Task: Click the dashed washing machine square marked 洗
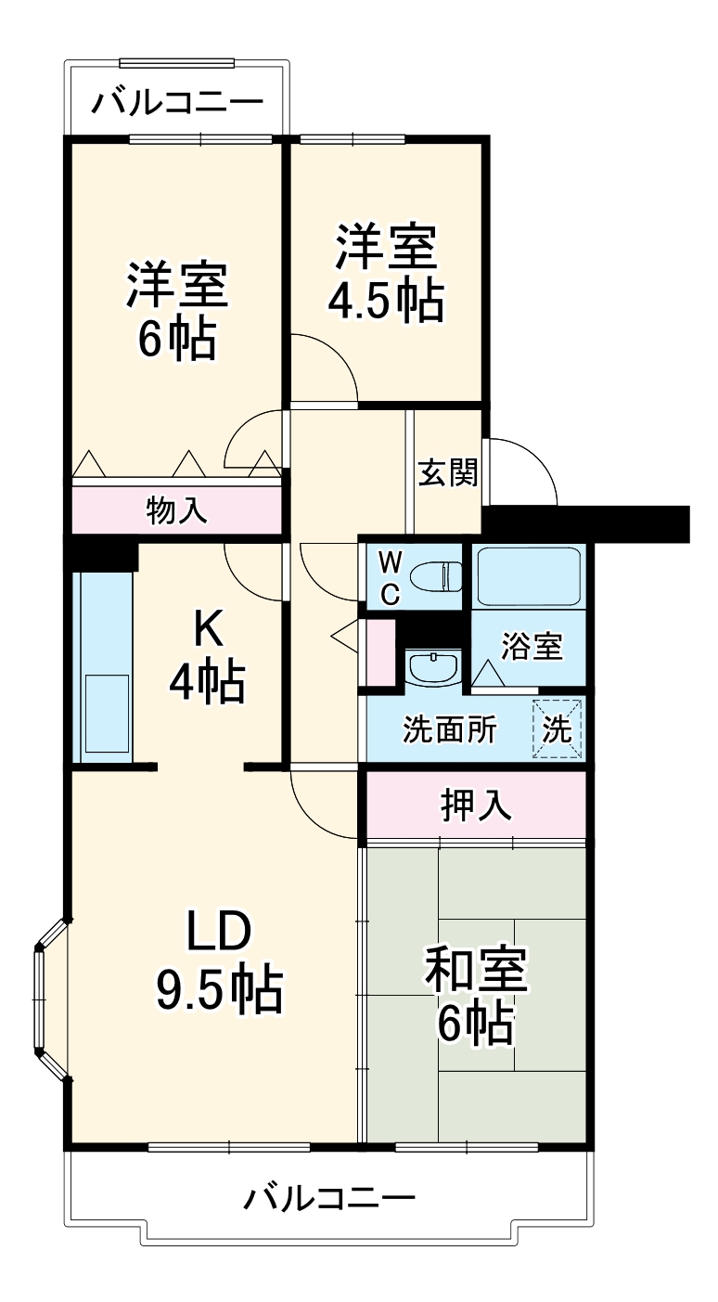coord(558,728)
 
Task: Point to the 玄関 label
coord(448,472)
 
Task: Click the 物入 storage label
coord(176,509)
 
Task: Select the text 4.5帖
coord(385,300)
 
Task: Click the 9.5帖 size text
coord(219,990)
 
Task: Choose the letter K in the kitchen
coord(207,632)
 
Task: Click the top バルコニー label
coord(176,100)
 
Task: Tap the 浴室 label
coord(532,647)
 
